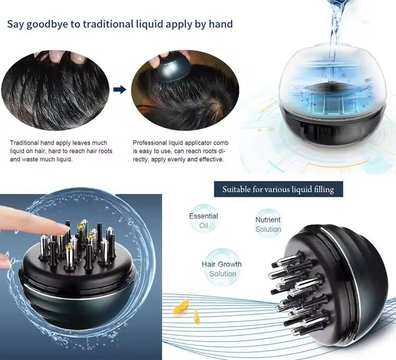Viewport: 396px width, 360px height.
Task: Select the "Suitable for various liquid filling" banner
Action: click(x=278, y=189)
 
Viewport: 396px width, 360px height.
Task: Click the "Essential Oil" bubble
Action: click(x=203, y=221)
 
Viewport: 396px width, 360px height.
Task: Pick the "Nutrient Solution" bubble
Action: click(x=268, y=225)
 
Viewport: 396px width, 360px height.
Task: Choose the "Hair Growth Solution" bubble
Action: click(x=222, y=269)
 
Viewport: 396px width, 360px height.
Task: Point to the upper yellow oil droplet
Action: click(x=182, y=304)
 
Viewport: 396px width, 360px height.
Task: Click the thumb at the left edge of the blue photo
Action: click(x=4, y=260)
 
